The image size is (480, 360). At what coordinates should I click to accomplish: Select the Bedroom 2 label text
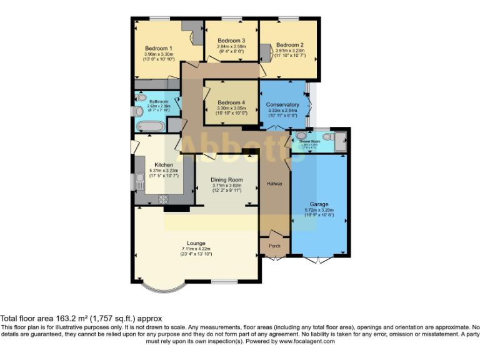(x=289, y=45)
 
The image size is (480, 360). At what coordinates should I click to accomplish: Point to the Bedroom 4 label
(x=231, y=102)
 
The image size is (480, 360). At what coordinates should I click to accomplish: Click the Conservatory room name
(x=282, y=104)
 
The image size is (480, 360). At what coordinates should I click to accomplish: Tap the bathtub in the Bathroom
(x=150, y=127)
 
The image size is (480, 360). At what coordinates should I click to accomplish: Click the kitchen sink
(x=138, y=182)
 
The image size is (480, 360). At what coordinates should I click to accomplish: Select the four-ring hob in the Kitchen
(x=165, y=199)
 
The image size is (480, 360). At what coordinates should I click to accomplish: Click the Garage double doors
(x=319, y=258)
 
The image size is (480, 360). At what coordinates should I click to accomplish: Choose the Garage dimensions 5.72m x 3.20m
(x=319, y=210)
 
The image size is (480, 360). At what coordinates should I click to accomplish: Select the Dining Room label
(x=226, y=180)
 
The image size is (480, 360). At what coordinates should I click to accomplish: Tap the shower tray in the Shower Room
(x=340, y=142)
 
